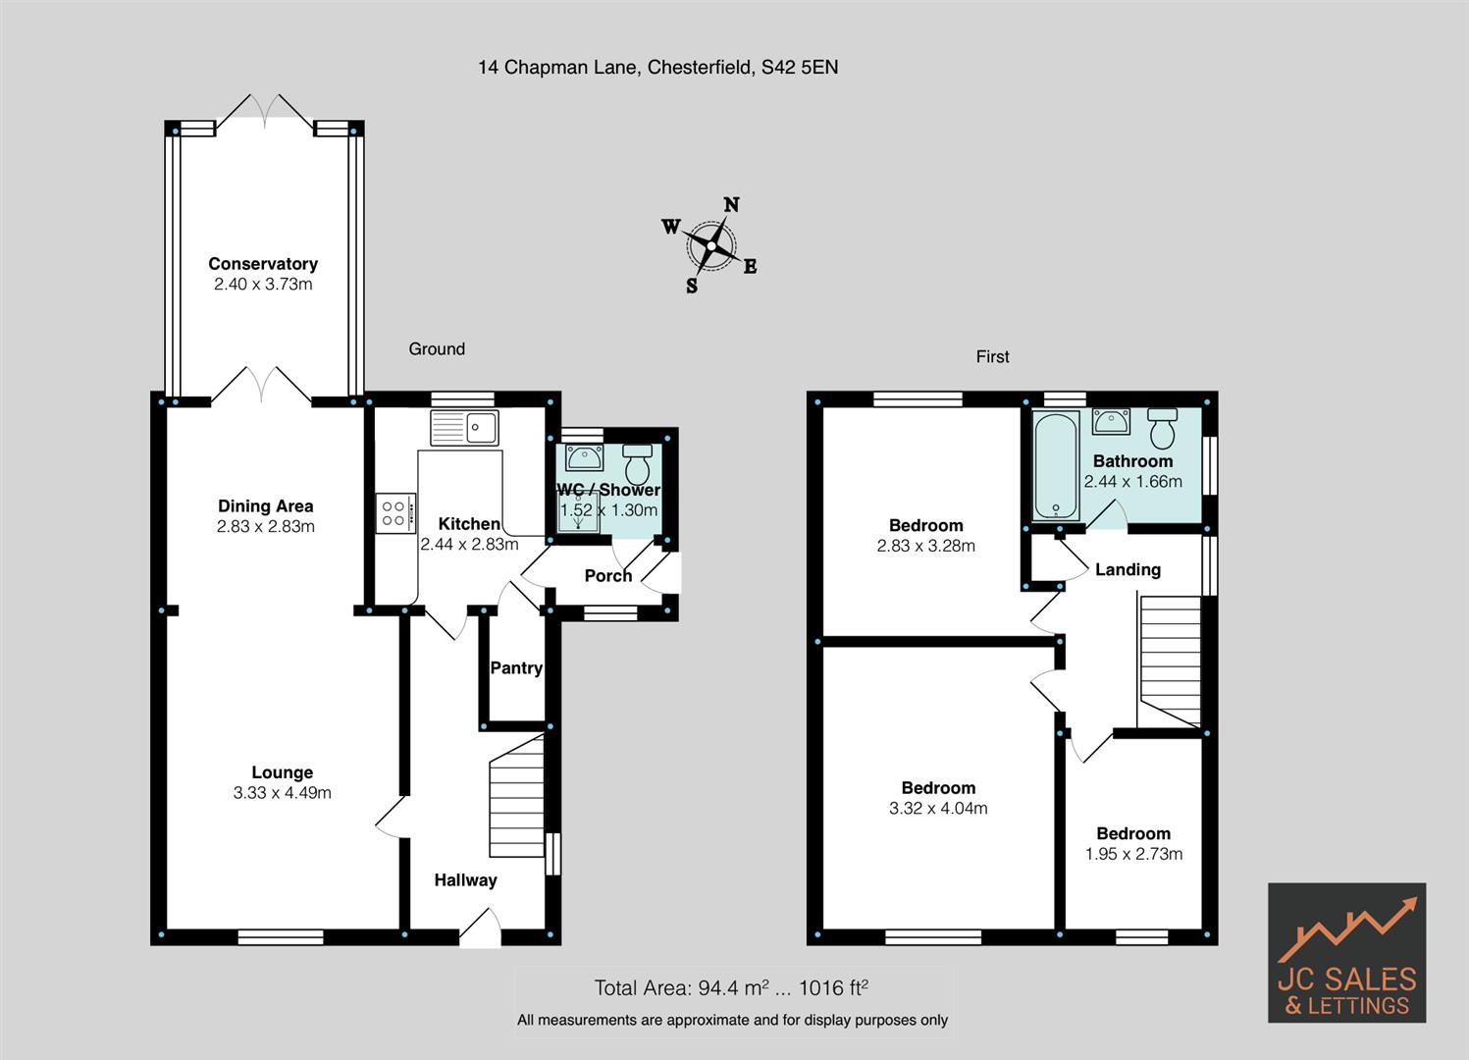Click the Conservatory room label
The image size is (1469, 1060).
click(263, 264)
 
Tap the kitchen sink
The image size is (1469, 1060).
click(464, 428)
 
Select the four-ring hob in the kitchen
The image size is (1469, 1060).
click(395, 513)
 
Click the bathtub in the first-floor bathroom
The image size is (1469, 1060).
click(1057, 464)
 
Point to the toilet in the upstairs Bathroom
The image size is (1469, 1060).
click(1162, 428)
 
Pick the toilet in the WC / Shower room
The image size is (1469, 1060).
click(637, 463)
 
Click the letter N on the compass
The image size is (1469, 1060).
click(732, 205)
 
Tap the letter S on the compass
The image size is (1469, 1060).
click(691, 286)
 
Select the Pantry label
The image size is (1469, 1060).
click(516, 667)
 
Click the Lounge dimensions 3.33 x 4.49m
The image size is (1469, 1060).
click(282, 792)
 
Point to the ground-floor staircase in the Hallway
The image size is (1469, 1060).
click(517, 796)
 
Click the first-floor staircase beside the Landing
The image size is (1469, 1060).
click(1171, 662)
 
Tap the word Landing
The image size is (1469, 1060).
click(1128, 569)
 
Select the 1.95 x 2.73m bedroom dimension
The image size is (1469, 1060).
click(1133, 853)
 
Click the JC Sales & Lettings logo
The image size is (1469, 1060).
click(1347, 952)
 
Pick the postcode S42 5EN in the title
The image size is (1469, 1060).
click(800, 68)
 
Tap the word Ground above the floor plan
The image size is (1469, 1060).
click(437, 349)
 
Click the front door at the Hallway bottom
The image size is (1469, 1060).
click(480, 928)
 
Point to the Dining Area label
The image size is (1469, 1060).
click(266, 505)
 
